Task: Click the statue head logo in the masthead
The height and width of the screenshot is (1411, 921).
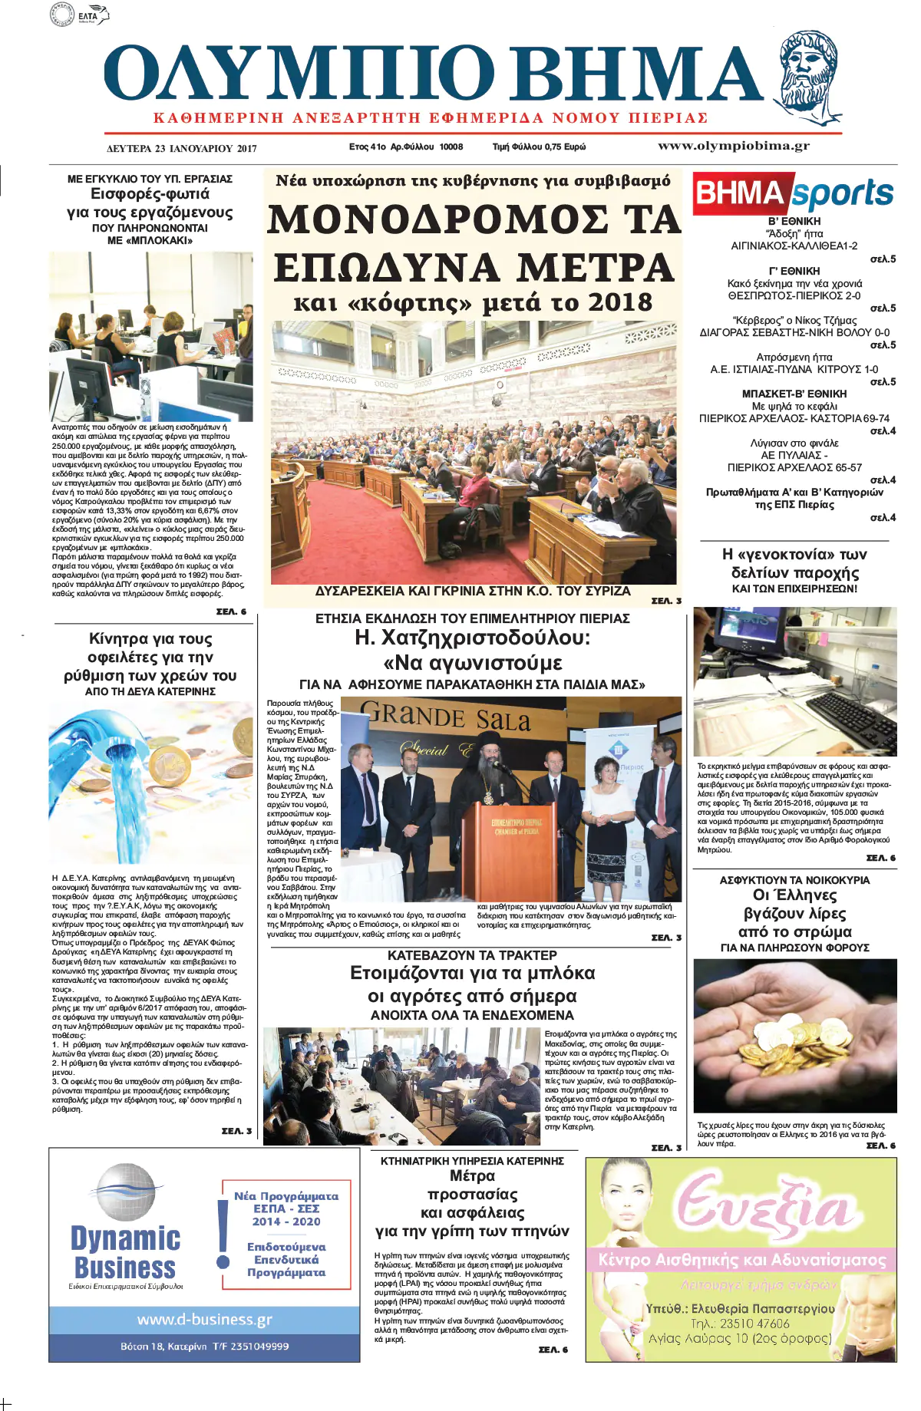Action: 810,77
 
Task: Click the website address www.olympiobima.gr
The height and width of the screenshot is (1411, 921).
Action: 733,146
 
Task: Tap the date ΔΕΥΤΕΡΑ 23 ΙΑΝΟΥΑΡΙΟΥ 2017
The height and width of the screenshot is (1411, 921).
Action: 181,148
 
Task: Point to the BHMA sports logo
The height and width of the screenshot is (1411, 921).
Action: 794,193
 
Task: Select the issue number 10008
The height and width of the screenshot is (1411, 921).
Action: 451,147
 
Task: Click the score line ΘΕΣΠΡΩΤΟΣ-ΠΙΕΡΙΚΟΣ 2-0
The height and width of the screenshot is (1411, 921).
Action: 794,295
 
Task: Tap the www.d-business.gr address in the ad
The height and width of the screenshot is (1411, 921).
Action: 204,1320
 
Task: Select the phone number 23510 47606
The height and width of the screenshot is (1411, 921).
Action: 740,1323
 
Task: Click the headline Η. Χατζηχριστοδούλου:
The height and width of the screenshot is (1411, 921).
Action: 472,638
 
